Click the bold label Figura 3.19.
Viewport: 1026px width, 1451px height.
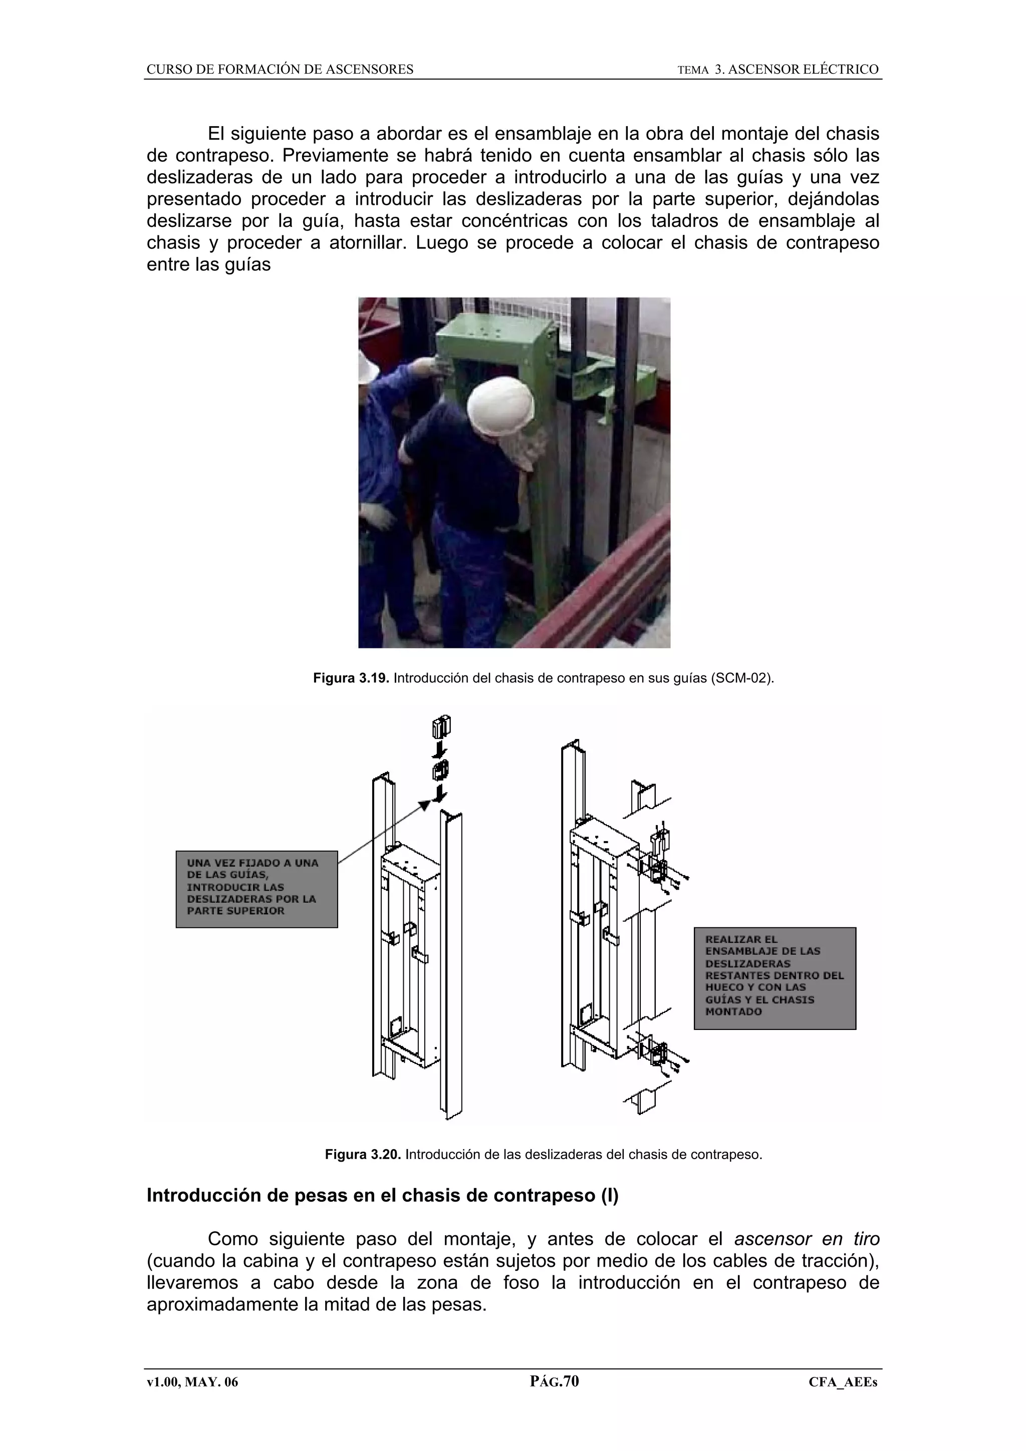(x=352, y=679)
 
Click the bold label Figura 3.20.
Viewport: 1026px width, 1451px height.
(x=363, y=1155)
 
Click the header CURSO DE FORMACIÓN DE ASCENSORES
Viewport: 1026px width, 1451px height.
(x=280, y=70)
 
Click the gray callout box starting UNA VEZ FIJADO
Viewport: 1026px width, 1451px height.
(x=256, y=889)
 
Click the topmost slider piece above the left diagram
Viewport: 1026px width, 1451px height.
(x=441, y=728)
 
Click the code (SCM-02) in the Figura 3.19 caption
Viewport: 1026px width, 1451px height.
(x=741, y=679)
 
